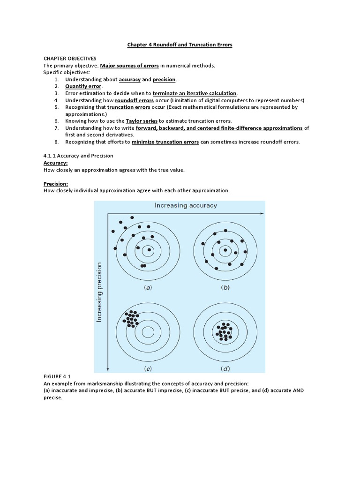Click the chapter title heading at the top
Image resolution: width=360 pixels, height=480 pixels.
coord(180,45)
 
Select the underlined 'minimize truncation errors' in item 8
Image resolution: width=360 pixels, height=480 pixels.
coord(165,142)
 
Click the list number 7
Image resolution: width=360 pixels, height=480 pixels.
coord(56,128)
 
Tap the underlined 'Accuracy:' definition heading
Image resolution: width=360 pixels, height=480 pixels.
coord(55,163)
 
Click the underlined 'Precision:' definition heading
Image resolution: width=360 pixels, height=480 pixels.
coord(56,184)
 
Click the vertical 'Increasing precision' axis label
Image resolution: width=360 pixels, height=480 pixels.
coord(99,292)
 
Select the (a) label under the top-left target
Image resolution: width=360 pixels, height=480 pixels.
coord(149,288)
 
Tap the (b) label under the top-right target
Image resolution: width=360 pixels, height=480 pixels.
coord(225,288)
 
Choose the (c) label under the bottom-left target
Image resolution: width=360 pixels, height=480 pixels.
coord(148,368)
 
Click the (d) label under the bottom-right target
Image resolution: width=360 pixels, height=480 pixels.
coord(225,368)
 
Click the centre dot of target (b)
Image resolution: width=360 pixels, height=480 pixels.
coord(225,250)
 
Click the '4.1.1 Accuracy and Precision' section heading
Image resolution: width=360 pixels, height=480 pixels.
coord(78,156)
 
